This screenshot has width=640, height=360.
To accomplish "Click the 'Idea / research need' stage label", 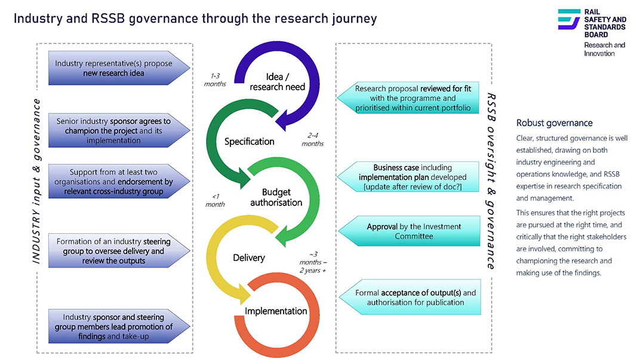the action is (x=277, y=82).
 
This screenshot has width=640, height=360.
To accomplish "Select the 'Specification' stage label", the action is (x=249, y=141).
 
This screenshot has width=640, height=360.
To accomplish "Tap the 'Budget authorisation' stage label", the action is (x=276, y=197).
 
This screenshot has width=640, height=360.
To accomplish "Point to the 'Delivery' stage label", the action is (x=248, y=257).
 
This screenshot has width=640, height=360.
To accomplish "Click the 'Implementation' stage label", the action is (x=276, y=311).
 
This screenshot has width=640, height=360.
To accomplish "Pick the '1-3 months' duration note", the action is (x=215, y=79).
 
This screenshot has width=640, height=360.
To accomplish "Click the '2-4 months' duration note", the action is (x=313, y=139).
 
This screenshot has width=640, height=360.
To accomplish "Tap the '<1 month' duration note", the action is (x=215, y=200).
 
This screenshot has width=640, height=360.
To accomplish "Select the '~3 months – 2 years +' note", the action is (x=313, y=262).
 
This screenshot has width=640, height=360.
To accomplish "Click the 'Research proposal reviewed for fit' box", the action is (x=408, y=98).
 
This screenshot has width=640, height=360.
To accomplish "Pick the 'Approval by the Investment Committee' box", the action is (x=410, y=231).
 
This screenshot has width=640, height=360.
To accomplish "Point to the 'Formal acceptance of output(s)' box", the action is (x=410, y=297).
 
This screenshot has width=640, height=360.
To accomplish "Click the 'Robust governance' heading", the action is (x=554, y=123).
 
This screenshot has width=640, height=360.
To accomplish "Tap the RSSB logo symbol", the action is (x=569, y=19).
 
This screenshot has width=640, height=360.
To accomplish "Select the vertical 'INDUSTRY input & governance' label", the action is (x=36, y=181).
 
